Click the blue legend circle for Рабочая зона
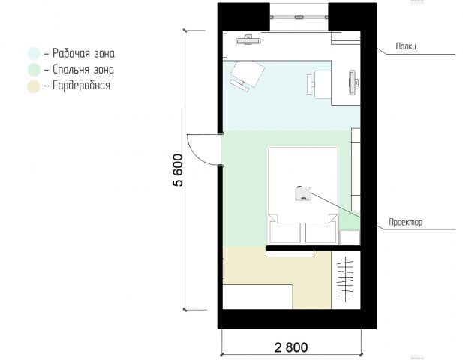(34, 54)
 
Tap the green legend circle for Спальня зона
(34, 70)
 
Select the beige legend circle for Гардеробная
(34, 86)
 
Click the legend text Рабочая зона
(83, 53)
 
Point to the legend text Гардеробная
(82, 85)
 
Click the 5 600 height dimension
(178, 170)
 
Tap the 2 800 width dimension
(291, 347)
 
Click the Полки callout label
(406, 46)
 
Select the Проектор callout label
(406, 222)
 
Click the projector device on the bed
(303, 193)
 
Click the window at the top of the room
(299, 16)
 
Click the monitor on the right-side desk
(353, 82)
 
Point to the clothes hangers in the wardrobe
(346, 278)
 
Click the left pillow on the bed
(285, 232)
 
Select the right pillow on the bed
(321, 232)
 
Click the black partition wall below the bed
(313, 247)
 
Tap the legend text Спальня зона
(83, 69)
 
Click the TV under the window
(248, 40)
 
